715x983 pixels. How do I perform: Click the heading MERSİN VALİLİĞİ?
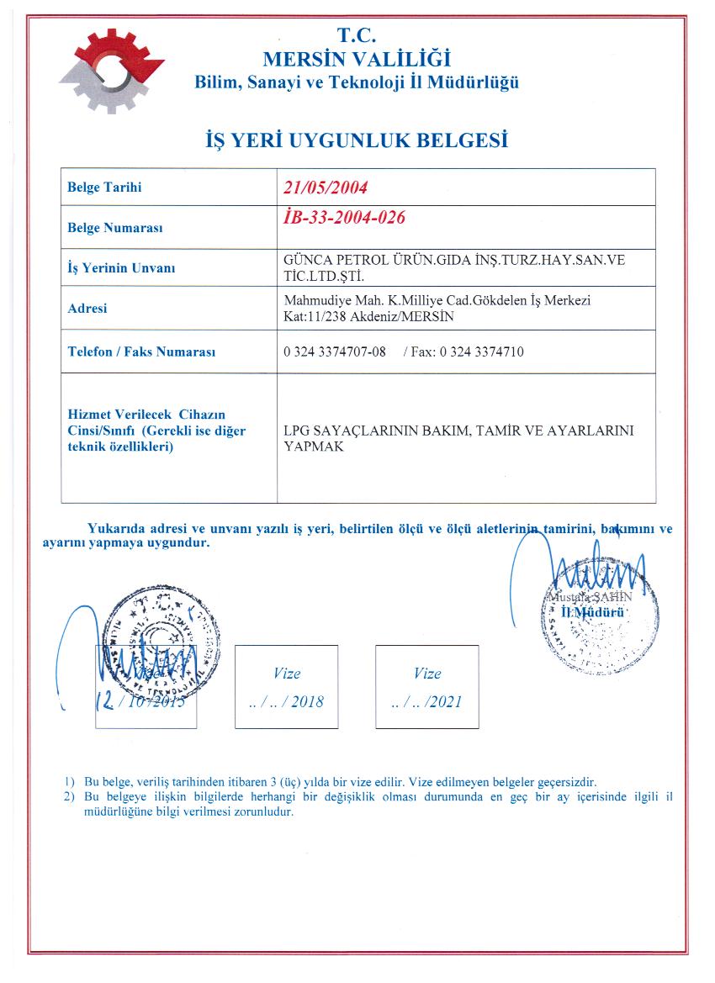click(357, 60)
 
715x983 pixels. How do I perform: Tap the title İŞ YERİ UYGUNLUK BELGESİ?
click(357, 140)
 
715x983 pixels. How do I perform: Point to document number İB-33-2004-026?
click(346, 218)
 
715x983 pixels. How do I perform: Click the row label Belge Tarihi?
click(104, 188)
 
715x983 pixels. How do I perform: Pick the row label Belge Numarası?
click(114, 228)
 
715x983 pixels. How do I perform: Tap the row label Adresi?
click(87, 309)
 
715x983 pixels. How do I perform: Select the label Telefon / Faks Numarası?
click(141, 351)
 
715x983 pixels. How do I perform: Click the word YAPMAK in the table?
click(313, 447)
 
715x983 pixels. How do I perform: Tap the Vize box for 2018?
click(286, 686)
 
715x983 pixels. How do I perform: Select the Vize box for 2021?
click(426, 686)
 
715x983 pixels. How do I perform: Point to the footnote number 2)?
click(69, 795)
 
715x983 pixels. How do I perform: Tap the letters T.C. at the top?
click(357, 36)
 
